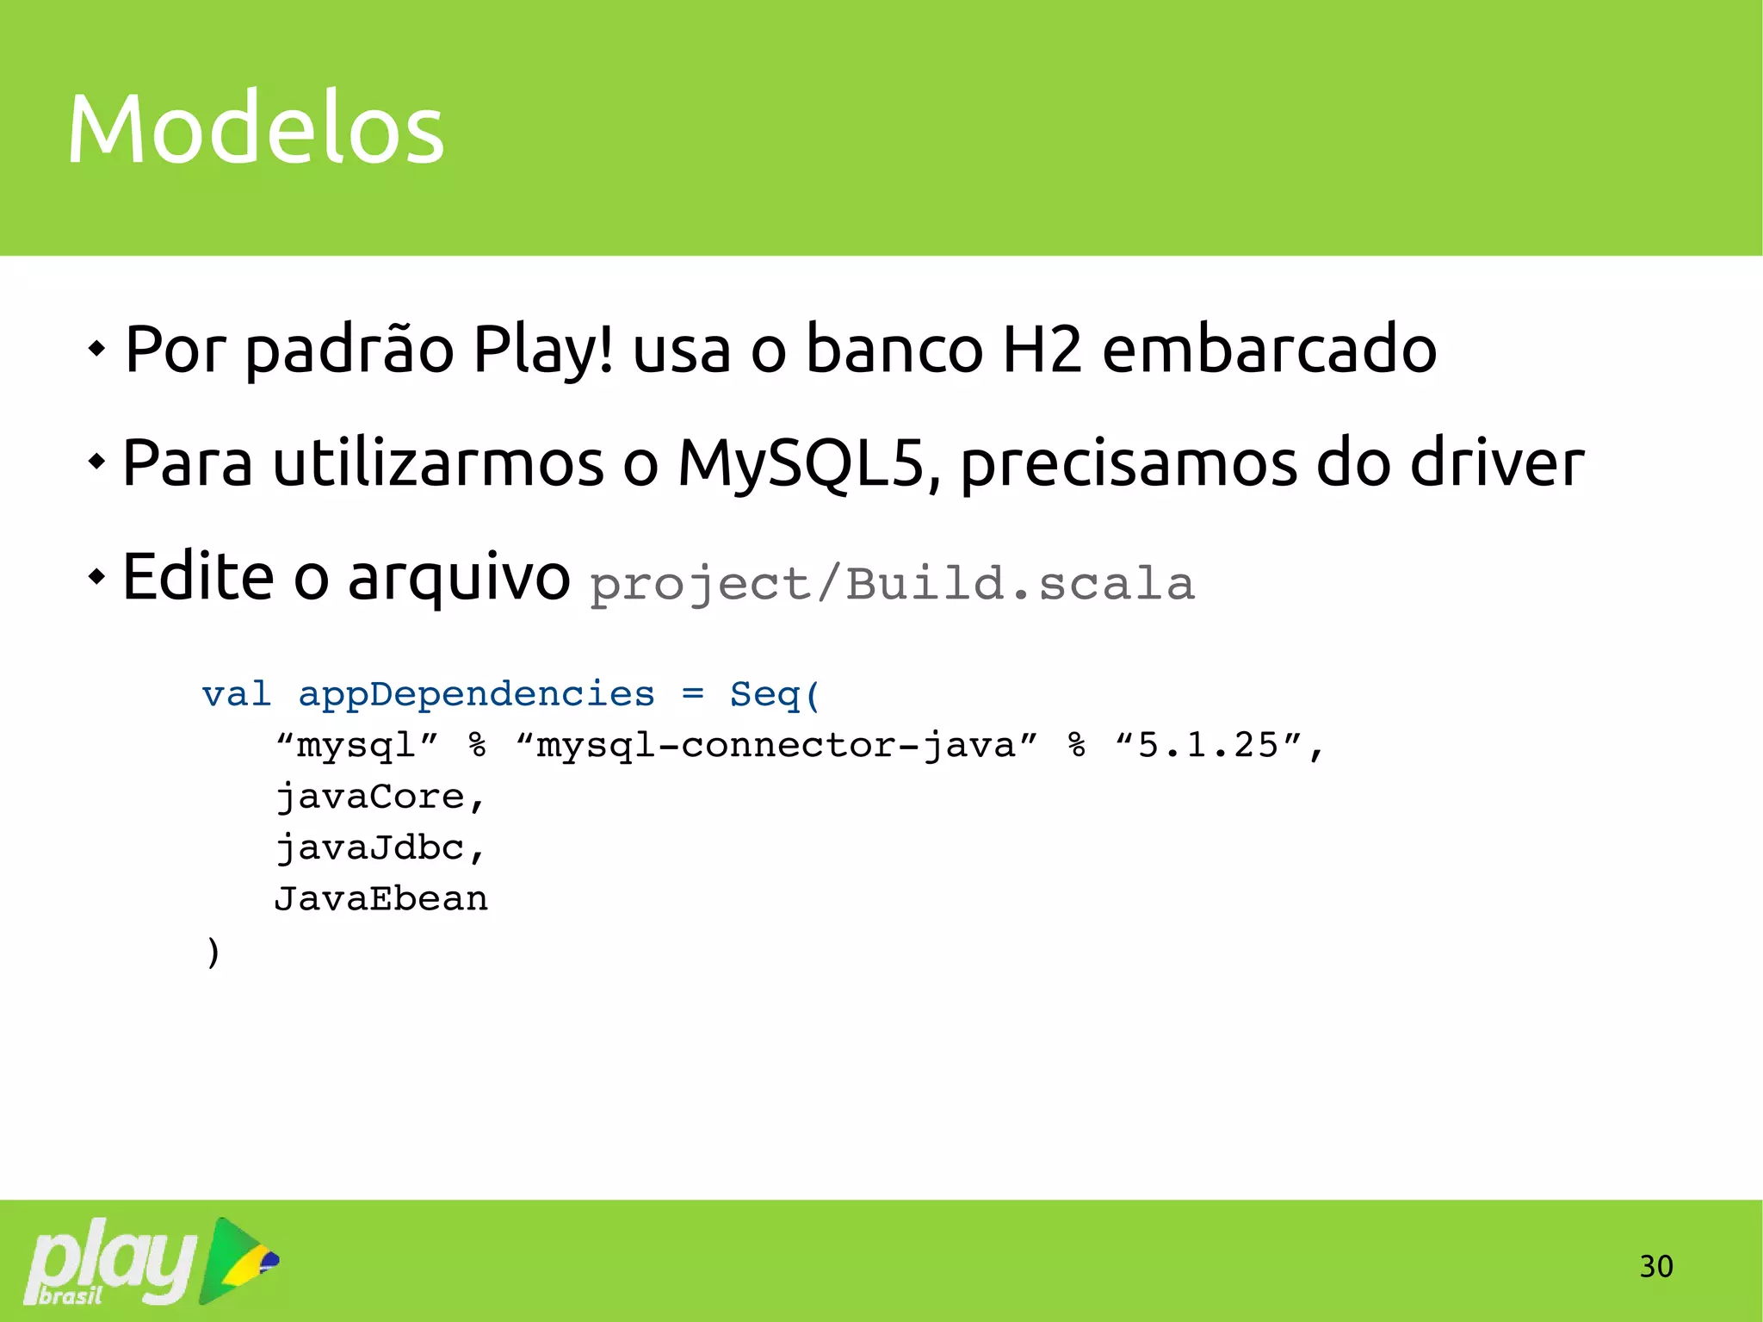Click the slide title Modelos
click(x=256, y=129)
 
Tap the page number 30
click(x=1655, y=1266)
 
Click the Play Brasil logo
click(x=152, y=1261)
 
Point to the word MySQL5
click(x=800, y=463)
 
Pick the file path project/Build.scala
click(x=892, y=584)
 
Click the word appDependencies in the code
click(x=476, y=694)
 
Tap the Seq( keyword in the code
click(x=775, y=694)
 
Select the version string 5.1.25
click(x=1209, y=745)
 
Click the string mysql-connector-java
click(x=776, y=745)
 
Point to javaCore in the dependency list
click(x=370, y=797)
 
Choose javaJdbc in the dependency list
click(x=370, y=847)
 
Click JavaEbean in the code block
click(x=380, y=899)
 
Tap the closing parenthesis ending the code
click(x=213, y=952)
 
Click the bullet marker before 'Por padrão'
click(x=96, y=349)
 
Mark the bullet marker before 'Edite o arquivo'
click(x=96, y=576)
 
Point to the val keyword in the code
click(x=236, y=694)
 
